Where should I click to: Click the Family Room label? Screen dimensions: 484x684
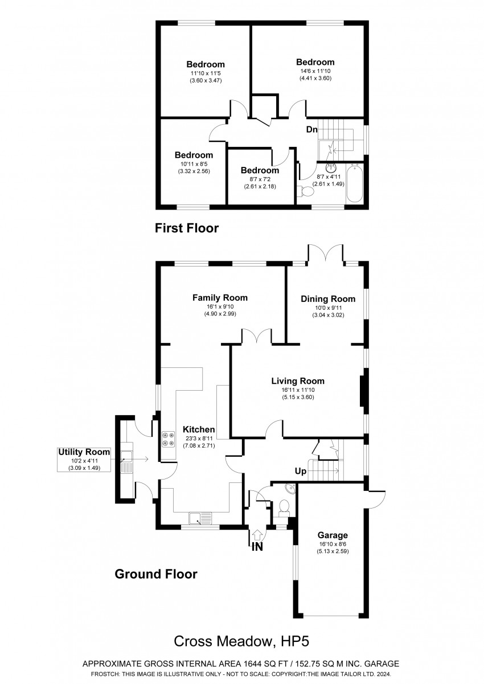pos(220,298)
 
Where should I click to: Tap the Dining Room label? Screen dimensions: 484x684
pos(328,299)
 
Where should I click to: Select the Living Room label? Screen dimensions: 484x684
pos(298,381)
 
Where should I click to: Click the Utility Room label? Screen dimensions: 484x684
pos(84,452)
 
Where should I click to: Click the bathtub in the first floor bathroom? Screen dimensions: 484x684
pos(355,183)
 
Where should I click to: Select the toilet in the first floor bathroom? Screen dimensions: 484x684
pos(305,191)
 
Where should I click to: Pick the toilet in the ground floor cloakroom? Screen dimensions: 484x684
pos(284,506)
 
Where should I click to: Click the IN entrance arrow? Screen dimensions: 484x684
pos(257,535)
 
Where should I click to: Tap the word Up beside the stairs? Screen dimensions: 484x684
pos(301,472)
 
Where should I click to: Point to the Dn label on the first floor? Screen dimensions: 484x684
pos(312,129)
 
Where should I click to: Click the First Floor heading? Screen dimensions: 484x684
pos(187,228)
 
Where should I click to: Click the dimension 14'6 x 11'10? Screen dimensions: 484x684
pos(315,71)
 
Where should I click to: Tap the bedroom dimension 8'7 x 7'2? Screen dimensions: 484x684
pos(260,179)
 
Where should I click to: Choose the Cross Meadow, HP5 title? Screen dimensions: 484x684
pos(241,641)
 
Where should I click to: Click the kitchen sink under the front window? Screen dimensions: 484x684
pos(200,518)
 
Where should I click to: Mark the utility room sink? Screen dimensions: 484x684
pos(126,462)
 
